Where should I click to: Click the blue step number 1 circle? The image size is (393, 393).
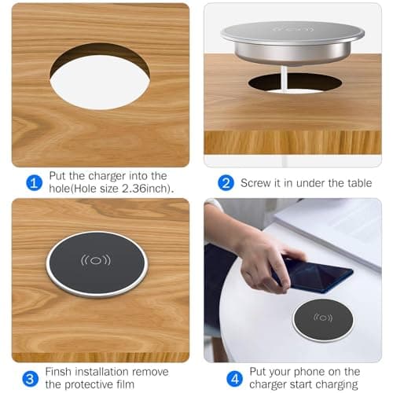click(x=33, y=182)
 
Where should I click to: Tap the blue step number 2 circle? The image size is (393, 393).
click(x=226, y=182)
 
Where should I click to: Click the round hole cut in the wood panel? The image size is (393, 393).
click(x=100, y=76)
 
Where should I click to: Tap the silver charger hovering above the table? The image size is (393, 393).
click(x=292, y=41)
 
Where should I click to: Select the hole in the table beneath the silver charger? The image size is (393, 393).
click(x=295, y=83)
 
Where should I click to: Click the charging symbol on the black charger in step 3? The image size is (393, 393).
click(x=94, y=259)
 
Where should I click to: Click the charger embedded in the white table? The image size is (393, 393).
click(x=321, y=319)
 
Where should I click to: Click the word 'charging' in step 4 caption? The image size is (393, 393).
click(x=335, y=384)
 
